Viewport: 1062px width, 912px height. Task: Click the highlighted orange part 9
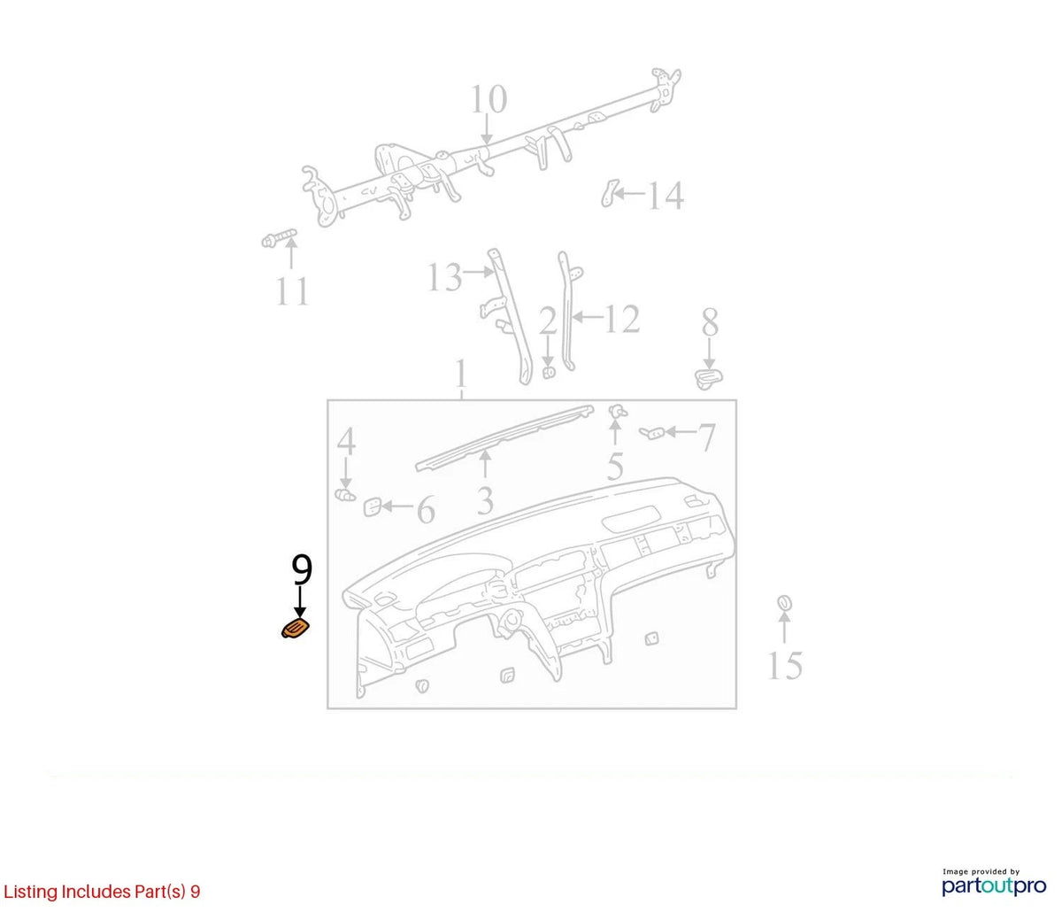(296, 629)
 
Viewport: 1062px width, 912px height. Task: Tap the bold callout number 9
(302, 569)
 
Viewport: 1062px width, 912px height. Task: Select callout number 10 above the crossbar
(489, 99)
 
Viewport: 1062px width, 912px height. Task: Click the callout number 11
(292, 291)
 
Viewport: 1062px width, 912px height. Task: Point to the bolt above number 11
(280, 238)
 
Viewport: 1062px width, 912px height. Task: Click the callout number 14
(666, 196)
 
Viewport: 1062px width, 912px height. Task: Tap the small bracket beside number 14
(610, 193)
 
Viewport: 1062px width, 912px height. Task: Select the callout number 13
(445, 278)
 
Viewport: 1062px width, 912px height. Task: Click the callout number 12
(622, 320)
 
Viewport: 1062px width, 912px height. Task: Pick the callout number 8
(710, 323)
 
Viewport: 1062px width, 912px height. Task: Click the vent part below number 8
(709, 379)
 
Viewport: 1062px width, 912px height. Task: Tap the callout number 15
(785, 666)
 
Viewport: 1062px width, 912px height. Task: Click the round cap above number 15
(784, 602)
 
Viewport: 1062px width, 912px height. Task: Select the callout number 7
(707, 437)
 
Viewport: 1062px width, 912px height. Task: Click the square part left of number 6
(372, 506)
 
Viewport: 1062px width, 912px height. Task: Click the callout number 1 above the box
(461, 374)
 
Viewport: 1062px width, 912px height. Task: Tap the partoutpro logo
(994, 885)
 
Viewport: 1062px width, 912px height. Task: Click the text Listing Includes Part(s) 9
(102, 891)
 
